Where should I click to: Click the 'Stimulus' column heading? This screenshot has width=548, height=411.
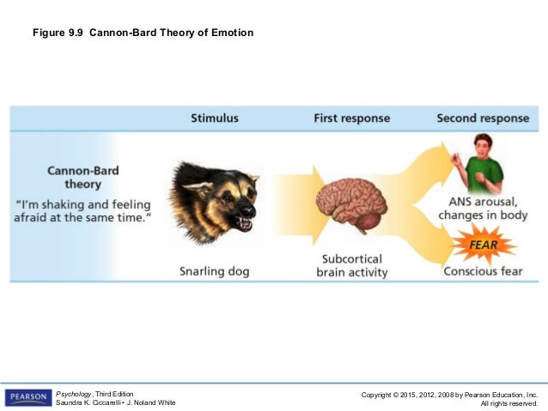coord(215,118)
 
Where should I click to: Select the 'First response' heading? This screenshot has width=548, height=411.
coord(351,118)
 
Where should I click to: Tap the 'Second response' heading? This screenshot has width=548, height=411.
coord(482,118)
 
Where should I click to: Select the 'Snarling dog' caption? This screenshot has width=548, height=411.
coord(215,271)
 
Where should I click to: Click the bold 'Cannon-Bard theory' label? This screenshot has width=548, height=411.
coord(82,177)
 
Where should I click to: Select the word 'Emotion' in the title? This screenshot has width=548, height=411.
coord(231,33)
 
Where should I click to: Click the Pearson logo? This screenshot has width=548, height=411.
coord(27,397)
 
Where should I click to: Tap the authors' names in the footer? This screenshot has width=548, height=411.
coord(115,403)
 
